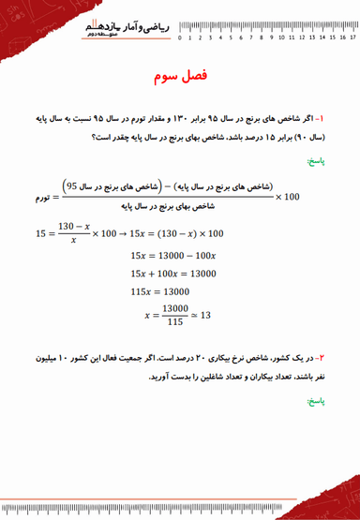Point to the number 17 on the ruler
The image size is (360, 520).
click(352, 38)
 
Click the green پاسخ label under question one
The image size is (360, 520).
click(314, 160)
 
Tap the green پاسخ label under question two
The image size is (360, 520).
click(314, 400)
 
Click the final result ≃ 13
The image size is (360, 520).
click(202, 315)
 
